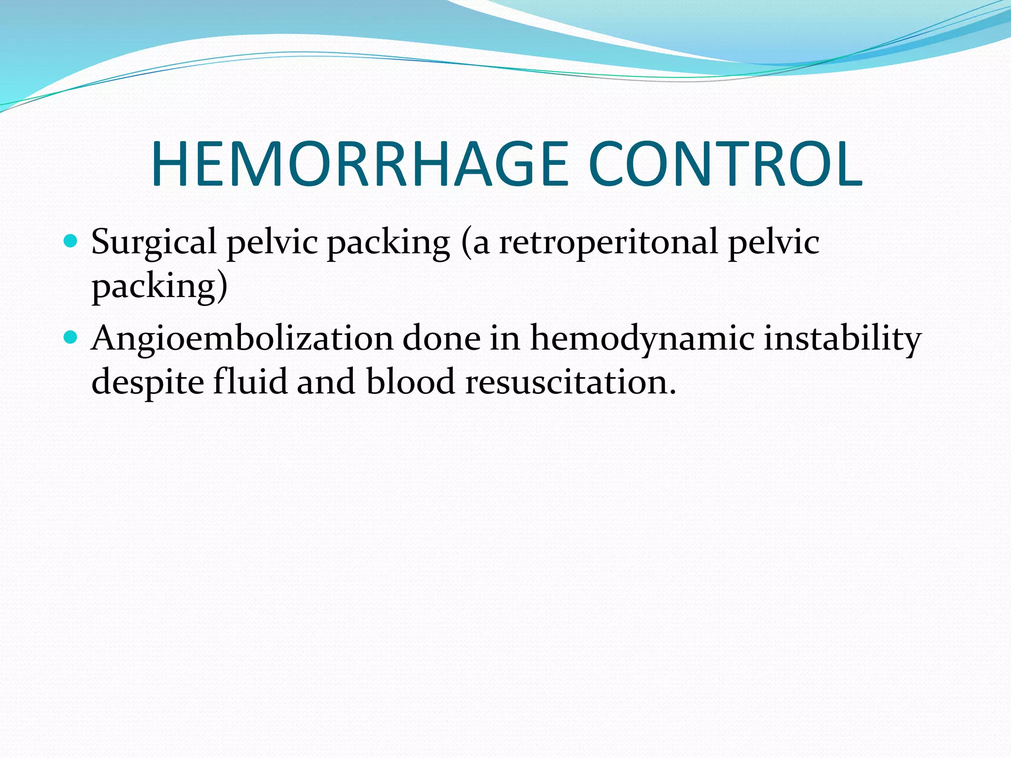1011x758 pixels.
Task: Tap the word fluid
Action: tap(250, 382)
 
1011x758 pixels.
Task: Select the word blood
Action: tap(410, 382)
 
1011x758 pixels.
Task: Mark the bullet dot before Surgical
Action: tap(71, 241)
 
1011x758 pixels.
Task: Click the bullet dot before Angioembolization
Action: tap(71, 338)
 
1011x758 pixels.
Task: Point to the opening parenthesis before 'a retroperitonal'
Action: tap(466, 243)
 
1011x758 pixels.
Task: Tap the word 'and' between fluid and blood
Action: tap(326, 382)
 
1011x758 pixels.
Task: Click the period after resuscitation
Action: tap(671, 392)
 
